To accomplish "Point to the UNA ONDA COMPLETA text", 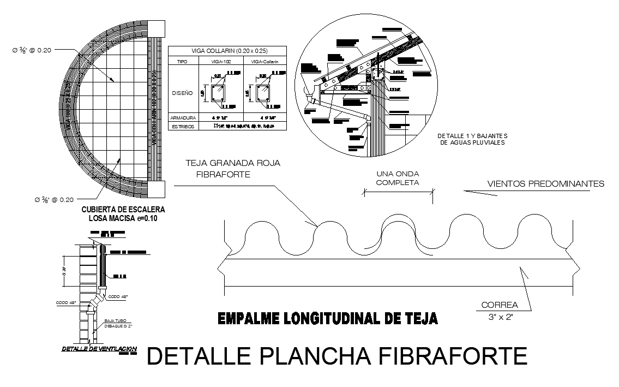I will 398,178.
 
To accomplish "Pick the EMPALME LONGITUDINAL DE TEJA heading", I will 327,318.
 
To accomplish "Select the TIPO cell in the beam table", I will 183,62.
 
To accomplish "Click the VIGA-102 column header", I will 221,62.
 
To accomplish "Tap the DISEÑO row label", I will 182,93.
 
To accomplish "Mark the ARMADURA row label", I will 183,117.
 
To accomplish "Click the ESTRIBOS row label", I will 183,126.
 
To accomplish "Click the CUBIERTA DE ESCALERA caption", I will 123,209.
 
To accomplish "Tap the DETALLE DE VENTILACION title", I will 99,349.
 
